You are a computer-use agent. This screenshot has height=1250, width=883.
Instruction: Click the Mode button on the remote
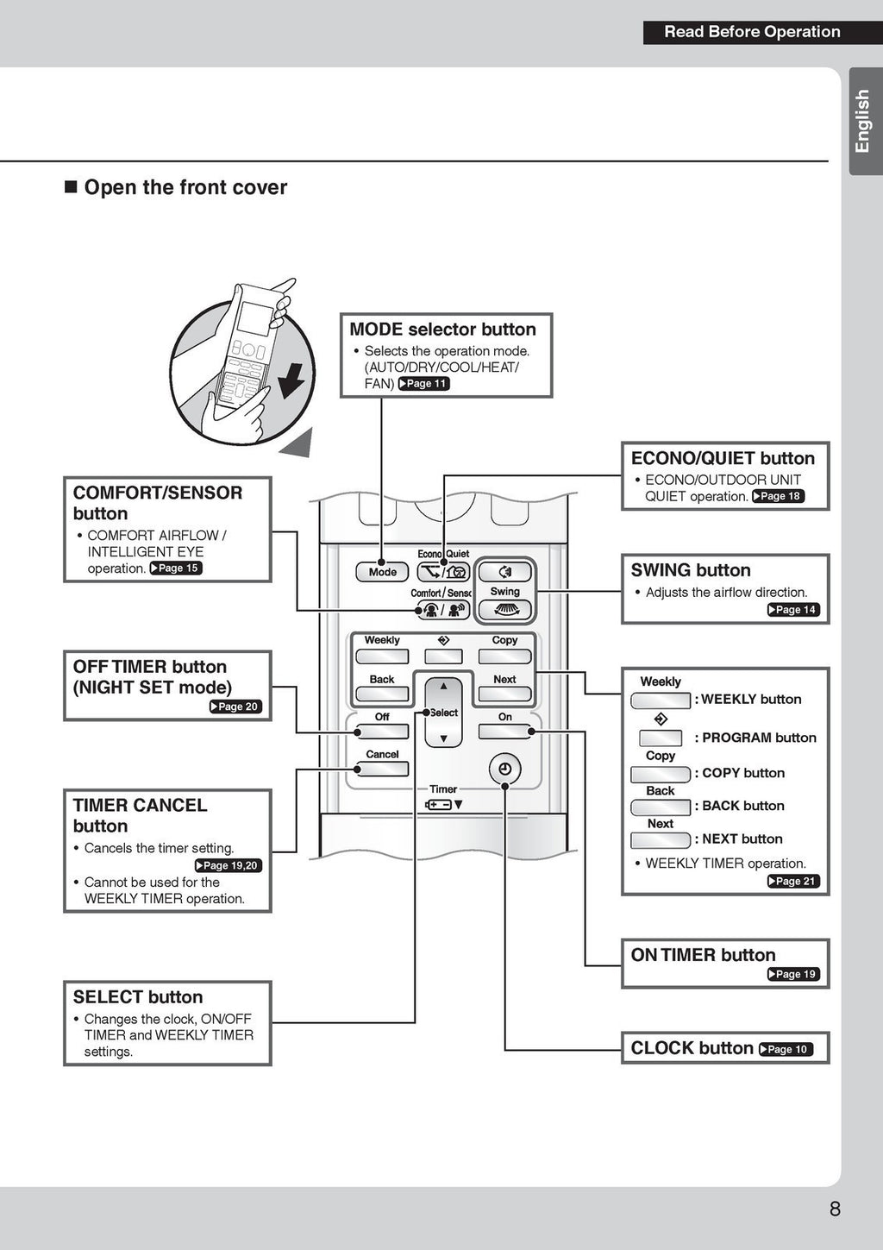coord(382,572)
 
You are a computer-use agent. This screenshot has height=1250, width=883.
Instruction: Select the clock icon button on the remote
coord(504,769)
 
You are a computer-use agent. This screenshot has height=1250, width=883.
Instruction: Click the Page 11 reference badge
coord(423,384)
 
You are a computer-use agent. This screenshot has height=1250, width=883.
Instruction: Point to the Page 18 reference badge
coord(778,496)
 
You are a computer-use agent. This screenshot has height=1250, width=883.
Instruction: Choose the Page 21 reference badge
coord(793,881)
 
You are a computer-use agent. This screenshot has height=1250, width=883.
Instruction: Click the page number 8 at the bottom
coord(834,1209)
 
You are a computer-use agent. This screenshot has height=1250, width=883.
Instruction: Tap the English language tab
coord(863,121)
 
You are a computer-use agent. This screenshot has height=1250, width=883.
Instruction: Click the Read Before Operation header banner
coord(751,32)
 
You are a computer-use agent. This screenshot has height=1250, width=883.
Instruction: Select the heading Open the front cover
coord(185,187)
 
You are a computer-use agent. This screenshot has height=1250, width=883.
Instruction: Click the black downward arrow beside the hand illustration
coord(293,380)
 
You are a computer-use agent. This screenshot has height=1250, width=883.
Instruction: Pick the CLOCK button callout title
coord(692,1048)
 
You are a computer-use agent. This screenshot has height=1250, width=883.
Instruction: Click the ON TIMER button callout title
coord(703,955)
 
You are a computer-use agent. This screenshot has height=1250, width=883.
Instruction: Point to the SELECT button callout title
coord(138,997)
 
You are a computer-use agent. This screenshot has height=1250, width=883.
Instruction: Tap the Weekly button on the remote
coord(382,656)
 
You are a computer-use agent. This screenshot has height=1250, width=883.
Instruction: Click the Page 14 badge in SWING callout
coord(793,610)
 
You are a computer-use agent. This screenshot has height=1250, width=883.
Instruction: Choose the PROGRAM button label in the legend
coord(758,738)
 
